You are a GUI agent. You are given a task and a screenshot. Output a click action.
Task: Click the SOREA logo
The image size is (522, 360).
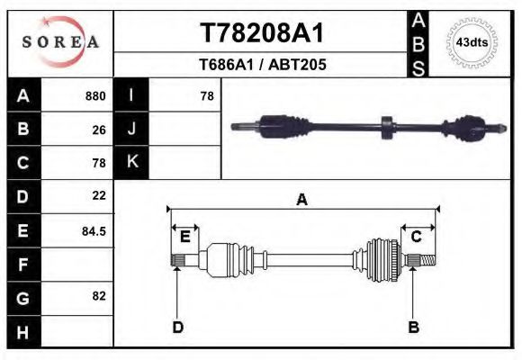coord(60,42)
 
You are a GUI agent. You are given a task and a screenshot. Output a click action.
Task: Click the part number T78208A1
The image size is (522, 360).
coord(261,32)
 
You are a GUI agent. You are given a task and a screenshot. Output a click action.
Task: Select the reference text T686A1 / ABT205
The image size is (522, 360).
coord(261,65)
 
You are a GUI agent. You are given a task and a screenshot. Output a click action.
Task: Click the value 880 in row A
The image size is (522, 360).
coord(95,95)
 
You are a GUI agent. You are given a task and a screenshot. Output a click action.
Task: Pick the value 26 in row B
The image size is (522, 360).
coord(99,129)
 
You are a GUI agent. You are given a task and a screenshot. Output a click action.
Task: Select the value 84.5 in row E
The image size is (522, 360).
coord(94,230)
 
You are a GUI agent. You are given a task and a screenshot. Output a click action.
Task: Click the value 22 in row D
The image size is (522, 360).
coord(99,195)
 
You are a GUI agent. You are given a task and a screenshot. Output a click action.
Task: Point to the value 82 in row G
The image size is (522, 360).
coord(99,295)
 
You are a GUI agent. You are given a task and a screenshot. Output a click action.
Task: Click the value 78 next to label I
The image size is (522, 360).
coord(206,95)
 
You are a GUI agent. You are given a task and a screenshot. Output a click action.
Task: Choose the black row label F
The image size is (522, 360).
coord(23,265)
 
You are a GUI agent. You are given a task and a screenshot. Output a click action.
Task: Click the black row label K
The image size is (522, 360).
coord(131,162)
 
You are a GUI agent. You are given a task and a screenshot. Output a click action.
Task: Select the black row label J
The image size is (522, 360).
coord(131,129)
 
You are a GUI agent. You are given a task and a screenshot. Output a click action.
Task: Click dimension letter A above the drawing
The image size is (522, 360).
coord(301,200)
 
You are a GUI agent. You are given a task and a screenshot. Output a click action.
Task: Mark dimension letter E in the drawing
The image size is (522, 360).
coord(184,237)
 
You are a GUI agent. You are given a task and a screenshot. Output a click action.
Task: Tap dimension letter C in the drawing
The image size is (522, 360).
coord(417,237)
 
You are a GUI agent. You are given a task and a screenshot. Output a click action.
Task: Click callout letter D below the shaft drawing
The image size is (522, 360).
coord(177,327)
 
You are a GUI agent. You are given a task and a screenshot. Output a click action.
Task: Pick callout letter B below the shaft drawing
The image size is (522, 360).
coord(414,327)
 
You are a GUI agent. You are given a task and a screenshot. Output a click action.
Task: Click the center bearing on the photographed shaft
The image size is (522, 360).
coord(386,127)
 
